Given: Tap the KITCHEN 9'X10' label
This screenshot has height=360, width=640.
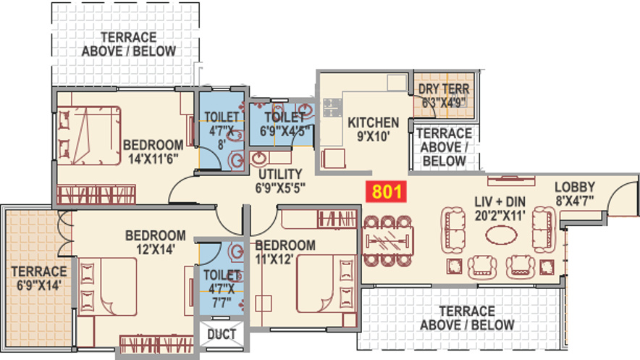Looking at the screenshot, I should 373,129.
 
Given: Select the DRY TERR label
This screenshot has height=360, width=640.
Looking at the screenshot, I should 444,96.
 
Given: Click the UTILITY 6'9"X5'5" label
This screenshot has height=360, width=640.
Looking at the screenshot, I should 279,181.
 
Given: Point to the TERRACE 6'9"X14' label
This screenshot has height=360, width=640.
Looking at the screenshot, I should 38,278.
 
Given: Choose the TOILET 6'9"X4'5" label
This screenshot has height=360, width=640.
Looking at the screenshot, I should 283,124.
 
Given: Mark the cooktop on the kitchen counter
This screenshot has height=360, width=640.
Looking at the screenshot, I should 332,109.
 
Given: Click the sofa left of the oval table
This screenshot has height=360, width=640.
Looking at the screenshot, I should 454,228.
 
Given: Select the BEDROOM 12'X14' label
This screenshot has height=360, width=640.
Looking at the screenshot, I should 155,242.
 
